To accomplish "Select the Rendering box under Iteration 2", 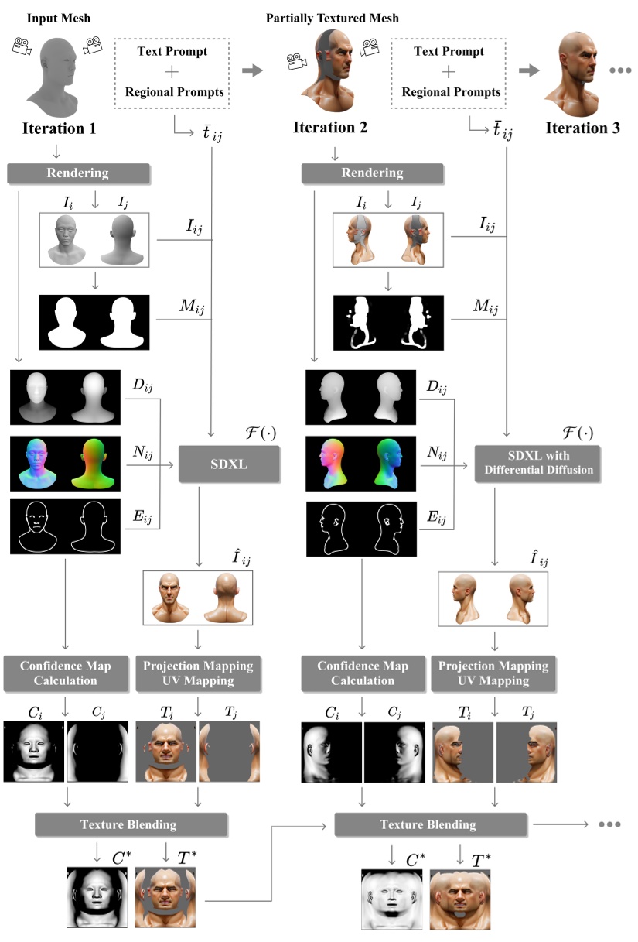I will pyautogui.click(x=373, y=173).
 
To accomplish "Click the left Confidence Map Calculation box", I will pyautogui.click(x=64, y=673).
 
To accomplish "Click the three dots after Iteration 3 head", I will pyautogui.click(x=620, y=71).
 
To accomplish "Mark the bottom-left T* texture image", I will pyautogui.click(x=165, y=897).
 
